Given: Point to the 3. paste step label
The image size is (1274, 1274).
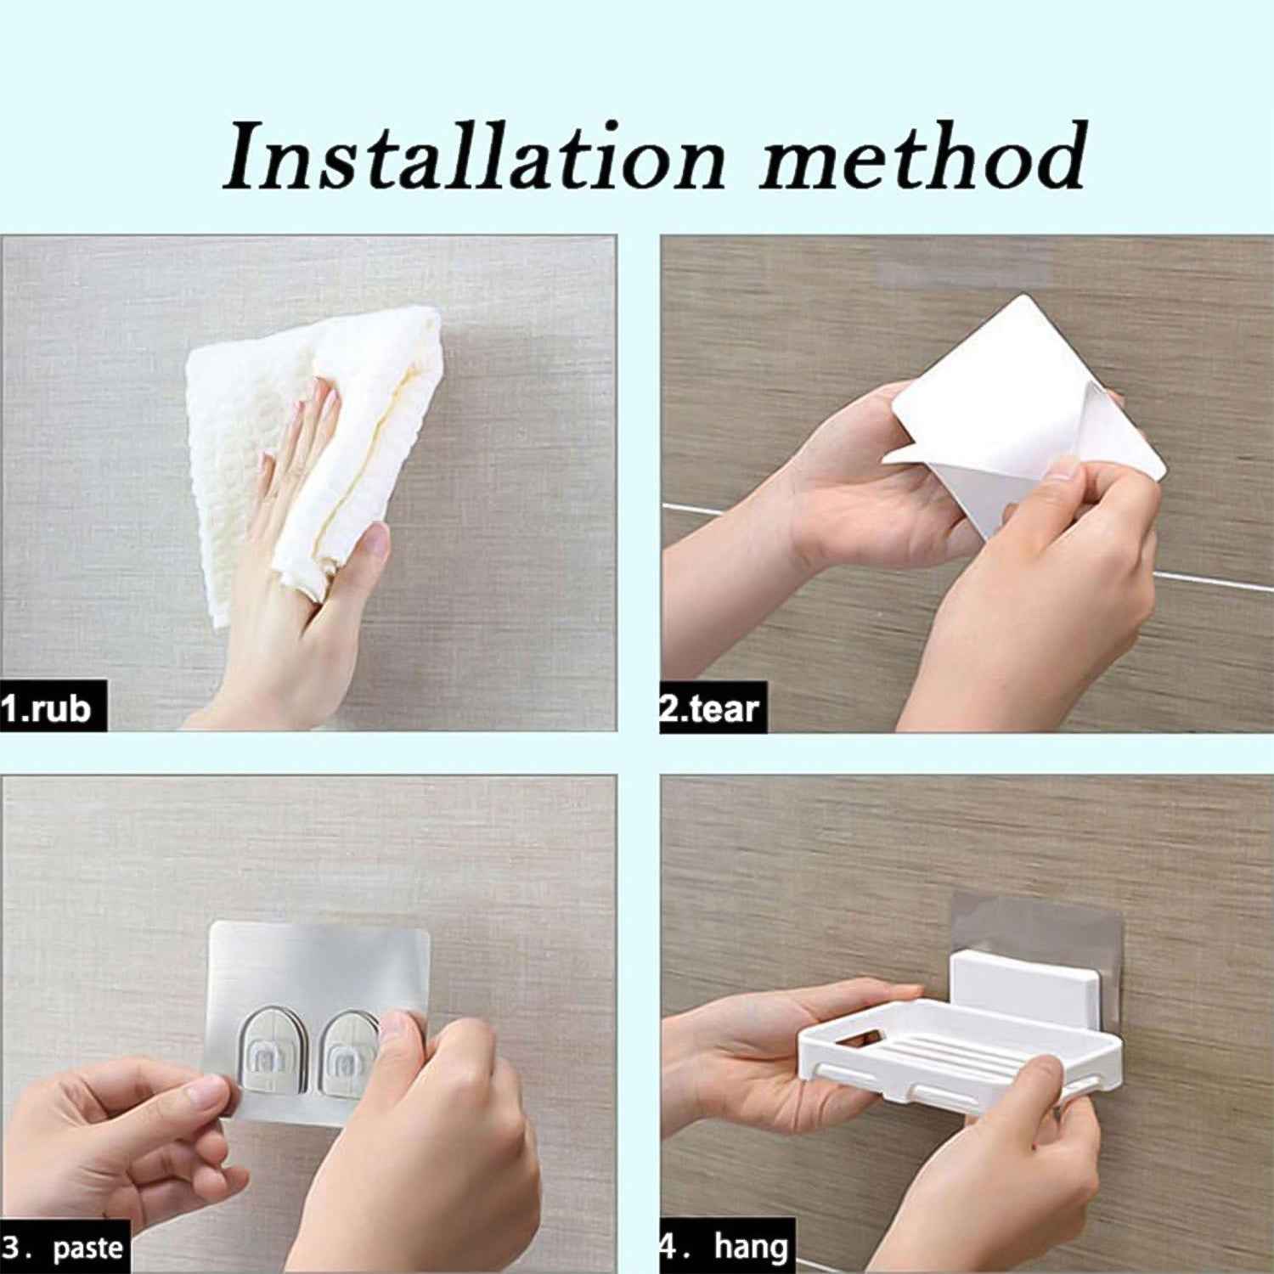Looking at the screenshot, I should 65,1248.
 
